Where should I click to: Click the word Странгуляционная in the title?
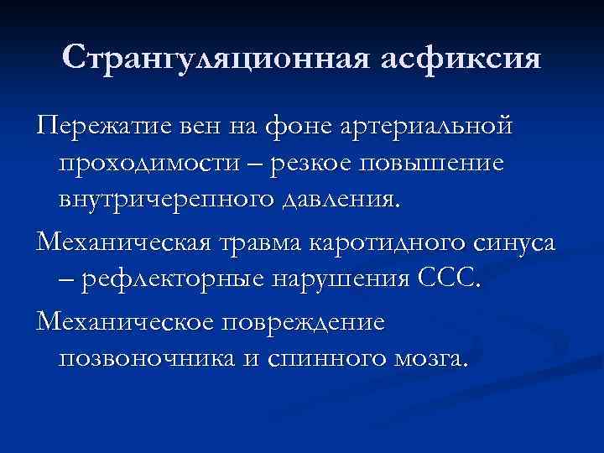click(217, 60)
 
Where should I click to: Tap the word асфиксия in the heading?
click(460, 60)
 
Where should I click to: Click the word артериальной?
click(425, 128)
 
